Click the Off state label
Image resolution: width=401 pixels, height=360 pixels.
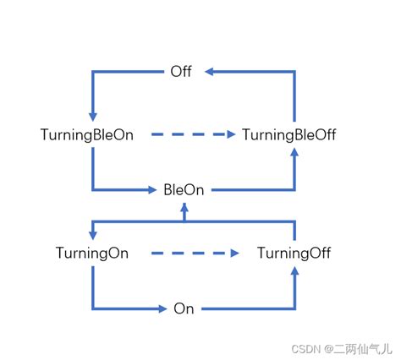181,72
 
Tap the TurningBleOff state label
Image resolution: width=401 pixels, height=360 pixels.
294,134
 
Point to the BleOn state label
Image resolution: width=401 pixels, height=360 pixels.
184,190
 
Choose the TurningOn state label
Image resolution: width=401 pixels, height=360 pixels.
92,253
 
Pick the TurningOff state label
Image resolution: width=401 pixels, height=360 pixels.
294,253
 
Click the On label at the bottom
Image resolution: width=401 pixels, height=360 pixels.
184,308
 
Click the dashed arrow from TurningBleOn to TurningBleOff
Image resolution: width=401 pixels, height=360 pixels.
195,134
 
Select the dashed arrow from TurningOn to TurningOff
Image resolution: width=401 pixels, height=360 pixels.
195,253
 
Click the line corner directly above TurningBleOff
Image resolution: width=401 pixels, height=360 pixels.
294,73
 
